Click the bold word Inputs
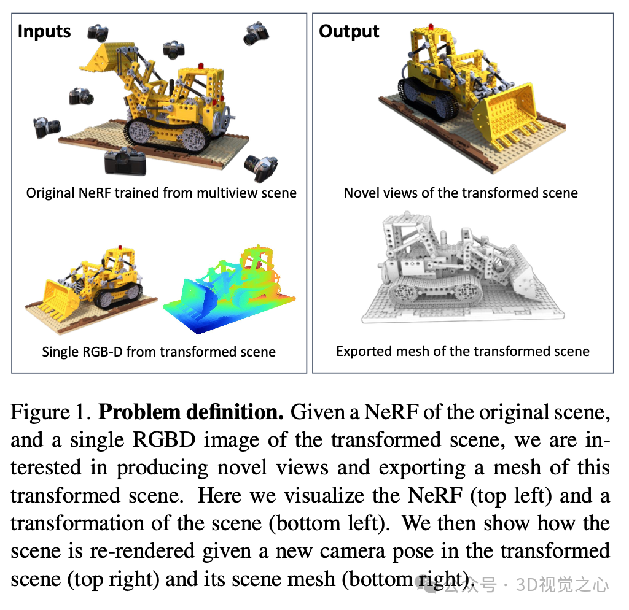point(44,31)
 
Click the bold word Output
point(349,31)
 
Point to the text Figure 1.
point(49,412)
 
